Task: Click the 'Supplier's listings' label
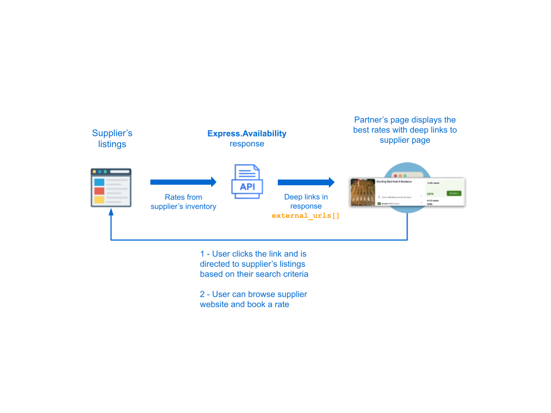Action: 112,139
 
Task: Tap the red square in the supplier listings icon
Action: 99,191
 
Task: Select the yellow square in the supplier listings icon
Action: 99,200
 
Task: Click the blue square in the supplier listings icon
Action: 99,182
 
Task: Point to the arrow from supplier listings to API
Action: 183,182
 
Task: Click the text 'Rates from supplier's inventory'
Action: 183,202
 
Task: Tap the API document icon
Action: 247,181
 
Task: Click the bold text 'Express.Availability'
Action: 247,134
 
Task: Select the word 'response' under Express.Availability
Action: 247,144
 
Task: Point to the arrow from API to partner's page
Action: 306,182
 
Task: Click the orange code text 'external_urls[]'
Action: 305,216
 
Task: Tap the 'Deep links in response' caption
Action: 306,201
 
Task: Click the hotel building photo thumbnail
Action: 362,192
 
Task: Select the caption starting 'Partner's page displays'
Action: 405,130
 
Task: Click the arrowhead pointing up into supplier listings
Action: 111,212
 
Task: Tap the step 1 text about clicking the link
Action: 254,264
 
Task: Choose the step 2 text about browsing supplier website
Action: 253,299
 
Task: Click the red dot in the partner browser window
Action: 394,175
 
